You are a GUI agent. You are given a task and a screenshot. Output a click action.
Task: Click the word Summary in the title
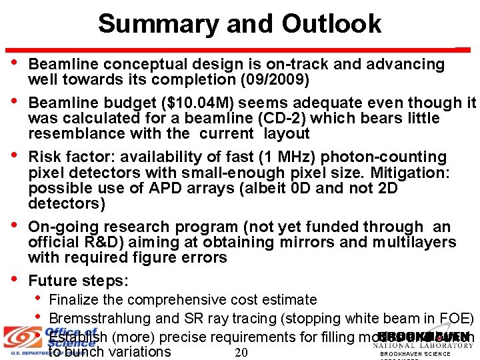coord(157,24)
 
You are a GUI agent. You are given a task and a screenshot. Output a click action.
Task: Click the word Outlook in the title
coord(331,24)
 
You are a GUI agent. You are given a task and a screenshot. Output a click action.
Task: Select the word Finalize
coord(75,300)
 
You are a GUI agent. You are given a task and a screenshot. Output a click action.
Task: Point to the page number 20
coord(241,352)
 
